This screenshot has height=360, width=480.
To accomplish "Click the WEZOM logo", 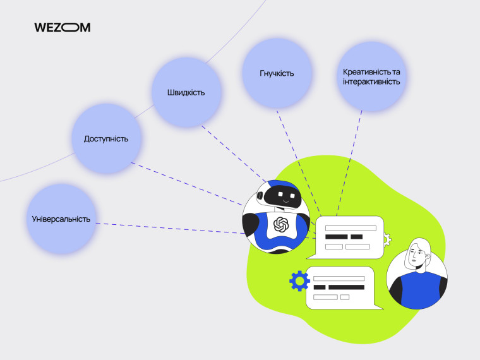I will (62, 27).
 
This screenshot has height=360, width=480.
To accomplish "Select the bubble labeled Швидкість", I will (186, 92).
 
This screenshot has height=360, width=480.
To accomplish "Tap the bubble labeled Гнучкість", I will (277, 73).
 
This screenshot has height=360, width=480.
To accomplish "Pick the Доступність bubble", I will (106, 139).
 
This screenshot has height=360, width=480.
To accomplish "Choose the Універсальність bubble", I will (61, 219).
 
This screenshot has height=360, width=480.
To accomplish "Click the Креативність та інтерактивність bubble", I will (371, 76).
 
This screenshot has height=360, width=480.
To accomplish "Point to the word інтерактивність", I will (371, 82).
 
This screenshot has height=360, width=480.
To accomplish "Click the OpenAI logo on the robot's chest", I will (281, 224).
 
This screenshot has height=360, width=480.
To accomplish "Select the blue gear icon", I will (299, 280).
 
